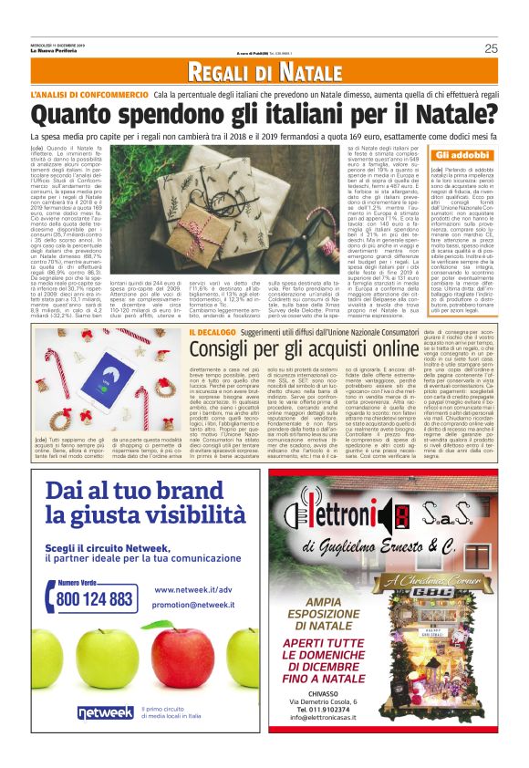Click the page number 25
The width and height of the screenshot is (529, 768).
click(x=491, y=48)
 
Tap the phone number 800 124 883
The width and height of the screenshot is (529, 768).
click(x=94, y=599)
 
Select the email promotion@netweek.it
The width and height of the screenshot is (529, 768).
click(x=182, y=605)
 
